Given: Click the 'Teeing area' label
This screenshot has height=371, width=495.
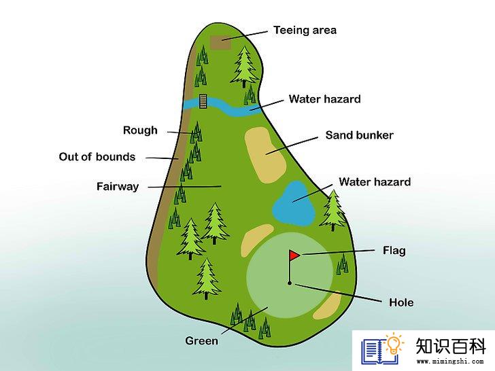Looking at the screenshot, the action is point(305,31).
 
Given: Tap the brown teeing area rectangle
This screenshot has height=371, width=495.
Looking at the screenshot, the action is point(220,42).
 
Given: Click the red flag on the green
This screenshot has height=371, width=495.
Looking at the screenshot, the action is point(294,255).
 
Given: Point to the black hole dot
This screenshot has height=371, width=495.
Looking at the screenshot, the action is point(290,283).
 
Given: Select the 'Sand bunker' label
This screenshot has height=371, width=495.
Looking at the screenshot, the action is point(359,135).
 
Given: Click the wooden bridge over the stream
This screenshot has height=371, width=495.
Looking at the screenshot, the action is point(203,101).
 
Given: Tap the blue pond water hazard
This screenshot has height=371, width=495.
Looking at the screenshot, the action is point(293,203).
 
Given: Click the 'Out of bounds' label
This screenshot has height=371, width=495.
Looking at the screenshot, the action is point(97,157).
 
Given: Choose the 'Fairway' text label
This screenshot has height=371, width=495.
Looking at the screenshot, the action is point(118,186).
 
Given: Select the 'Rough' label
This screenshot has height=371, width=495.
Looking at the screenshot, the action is point(140,130).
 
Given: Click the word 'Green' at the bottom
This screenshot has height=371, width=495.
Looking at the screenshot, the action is point(201,341).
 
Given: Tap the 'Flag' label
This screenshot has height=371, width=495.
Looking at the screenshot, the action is point(394,251).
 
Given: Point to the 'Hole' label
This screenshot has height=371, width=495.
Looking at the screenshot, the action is point(401,302).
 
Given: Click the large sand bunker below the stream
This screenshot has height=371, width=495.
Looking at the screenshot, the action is point(265,155).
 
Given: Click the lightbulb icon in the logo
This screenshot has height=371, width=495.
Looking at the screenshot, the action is point(393,344).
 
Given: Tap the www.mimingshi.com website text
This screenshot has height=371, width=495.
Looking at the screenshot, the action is point(450,361).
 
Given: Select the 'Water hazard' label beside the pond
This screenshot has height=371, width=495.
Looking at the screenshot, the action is point(375,182).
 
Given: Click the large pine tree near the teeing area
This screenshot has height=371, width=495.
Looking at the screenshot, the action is point(244,67).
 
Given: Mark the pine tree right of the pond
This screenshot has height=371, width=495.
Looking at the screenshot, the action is point(333,211).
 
